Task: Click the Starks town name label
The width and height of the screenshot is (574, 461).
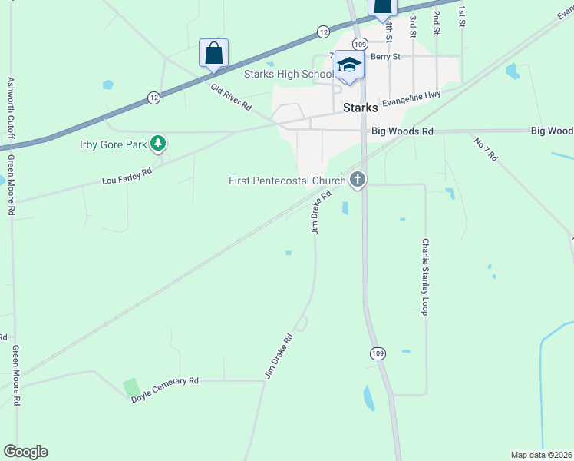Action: [360, 108]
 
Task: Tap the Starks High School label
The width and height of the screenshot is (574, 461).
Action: [288, 74]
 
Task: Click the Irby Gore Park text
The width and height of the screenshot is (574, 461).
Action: [114, 143]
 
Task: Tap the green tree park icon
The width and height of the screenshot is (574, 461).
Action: [158, 142]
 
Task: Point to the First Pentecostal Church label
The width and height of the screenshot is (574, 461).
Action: [288, 181]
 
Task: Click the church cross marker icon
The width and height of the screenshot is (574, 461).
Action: [357, 181]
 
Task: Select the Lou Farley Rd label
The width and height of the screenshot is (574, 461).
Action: [127, 176]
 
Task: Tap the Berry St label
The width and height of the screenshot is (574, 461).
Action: [385, 56]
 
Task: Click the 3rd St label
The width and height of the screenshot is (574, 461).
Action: [413, 27]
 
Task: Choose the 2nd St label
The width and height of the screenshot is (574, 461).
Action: [436, 23]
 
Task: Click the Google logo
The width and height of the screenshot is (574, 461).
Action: [25, 452]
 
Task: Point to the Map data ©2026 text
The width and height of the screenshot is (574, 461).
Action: [541, 455]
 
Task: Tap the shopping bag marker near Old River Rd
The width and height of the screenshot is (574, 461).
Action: [213, 54]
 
